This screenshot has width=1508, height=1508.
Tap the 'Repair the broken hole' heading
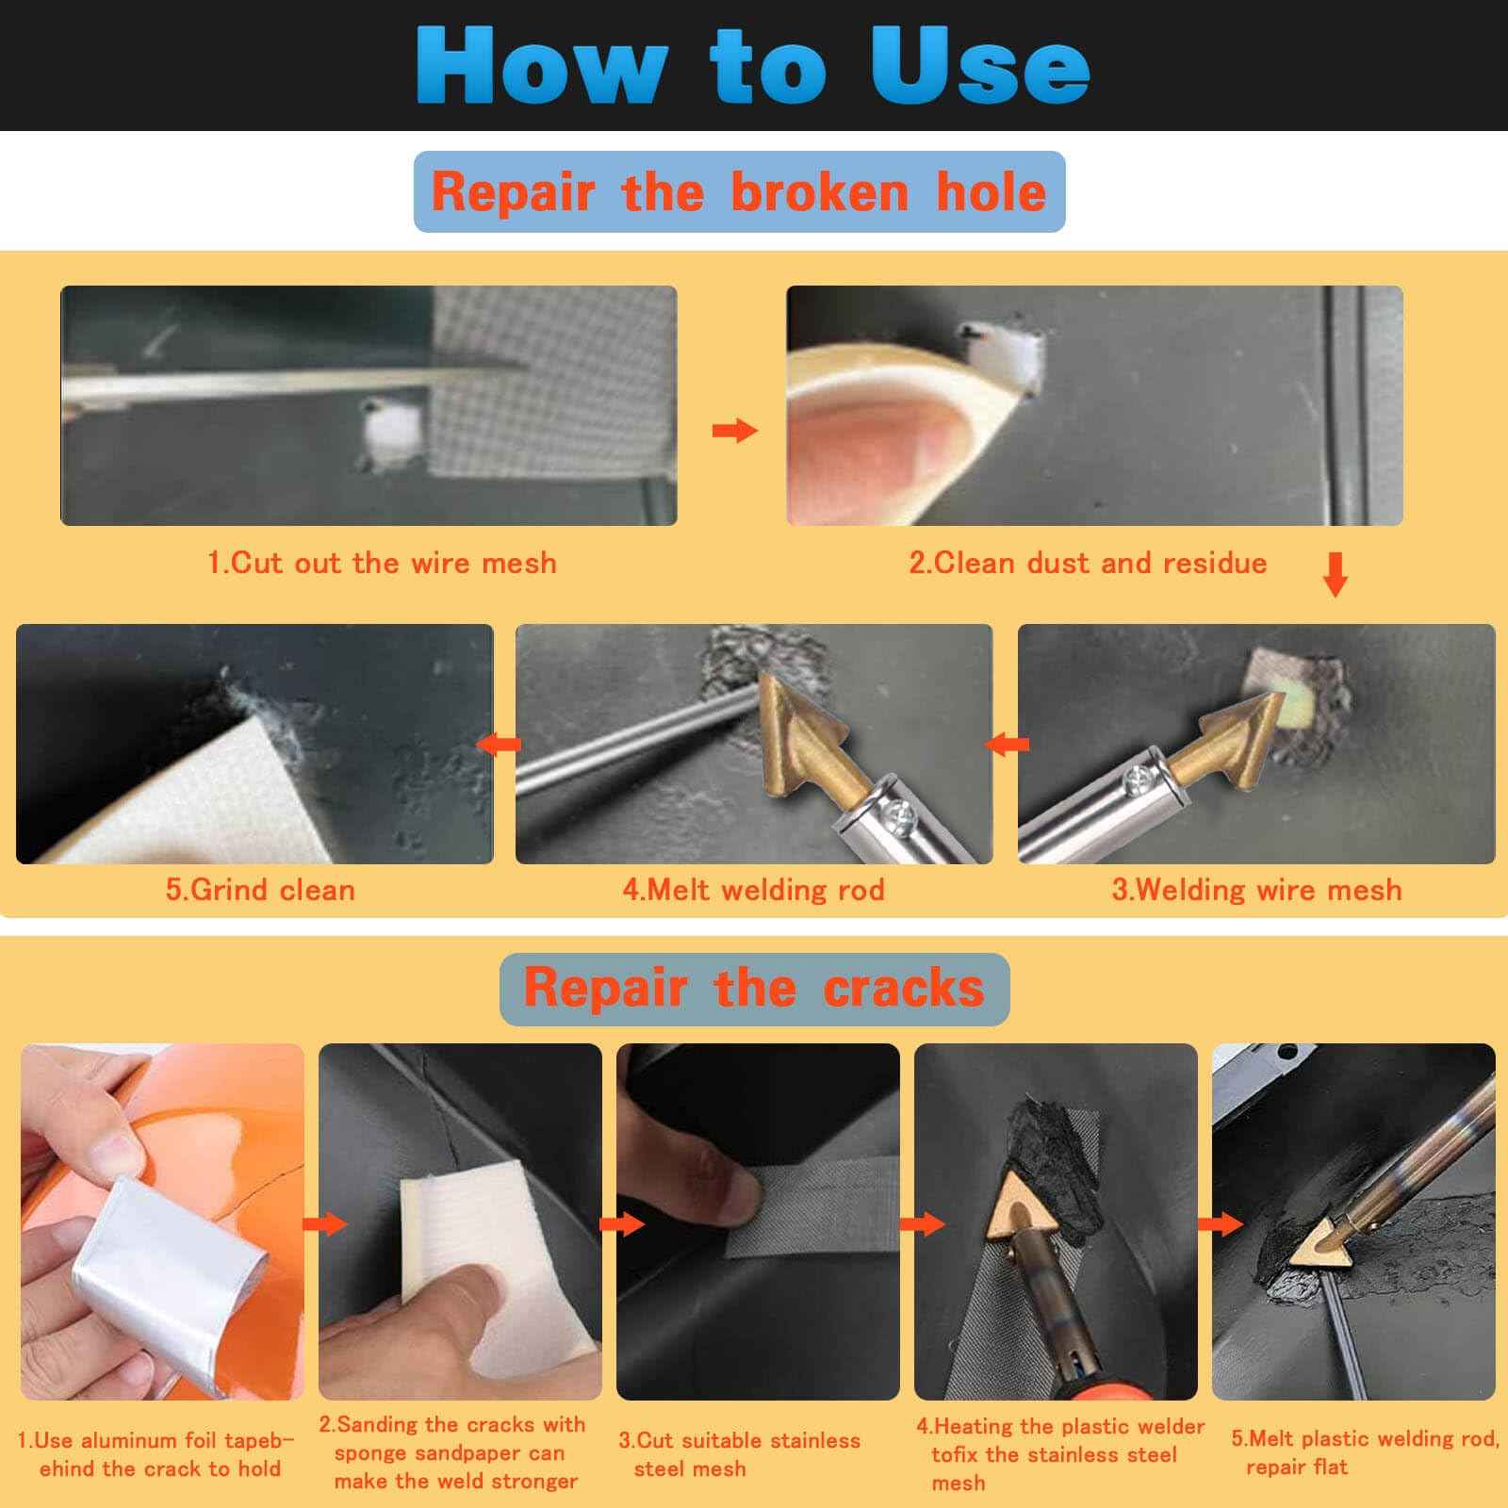[739, 191]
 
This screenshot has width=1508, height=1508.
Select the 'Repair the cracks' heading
[754, 988]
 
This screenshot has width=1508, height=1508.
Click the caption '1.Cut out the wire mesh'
[382, 563]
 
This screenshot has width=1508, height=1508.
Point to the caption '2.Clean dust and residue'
[1088, 563]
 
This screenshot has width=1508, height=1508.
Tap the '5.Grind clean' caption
[260, 890]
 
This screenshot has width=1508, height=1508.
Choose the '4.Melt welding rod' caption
[753, 890]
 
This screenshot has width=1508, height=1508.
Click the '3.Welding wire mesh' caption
[1256, 890]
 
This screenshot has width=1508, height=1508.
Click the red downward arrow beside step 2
[1335, 574]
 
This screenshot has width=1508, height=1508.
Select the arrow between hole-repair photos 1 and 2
[735, 431]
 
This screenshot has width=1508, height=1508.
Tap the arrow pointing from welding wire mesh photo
[1007, 745]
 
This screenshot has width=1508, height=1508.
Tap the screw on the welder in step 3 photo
[1131, 779]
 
